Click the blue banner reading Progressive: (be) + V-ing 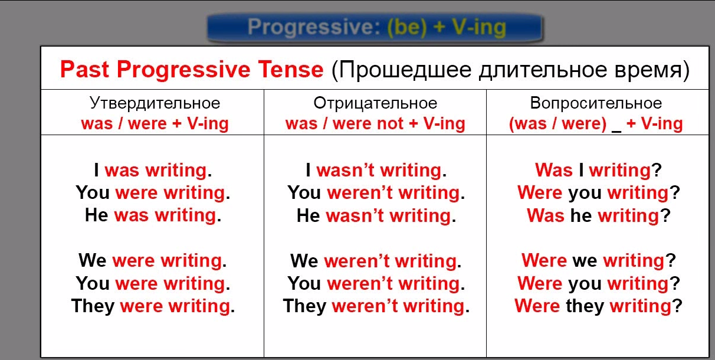(375, 28)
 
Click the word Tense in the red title (291, 69)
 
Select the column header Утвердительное (155, 103)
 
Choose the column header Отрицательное (375, 103)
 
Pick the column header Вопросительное (596, 103)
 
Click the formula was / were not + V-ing (375, 124)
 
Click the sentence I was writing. (153, 170)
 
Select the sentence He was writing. (153, 215)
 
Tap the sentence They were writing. (153, 306)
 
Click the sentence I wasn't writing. (376, 170)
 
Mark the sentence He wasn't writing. (376, 215)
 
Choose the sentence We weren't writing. (376, 261)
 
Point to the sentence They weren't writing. (376, 306)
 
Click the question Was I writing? (599, 170)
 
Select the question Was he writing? (599, 215)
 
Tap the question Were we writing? (599, 261)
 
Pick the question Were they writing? (599, 306)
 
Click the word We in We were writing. (92, 260)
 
